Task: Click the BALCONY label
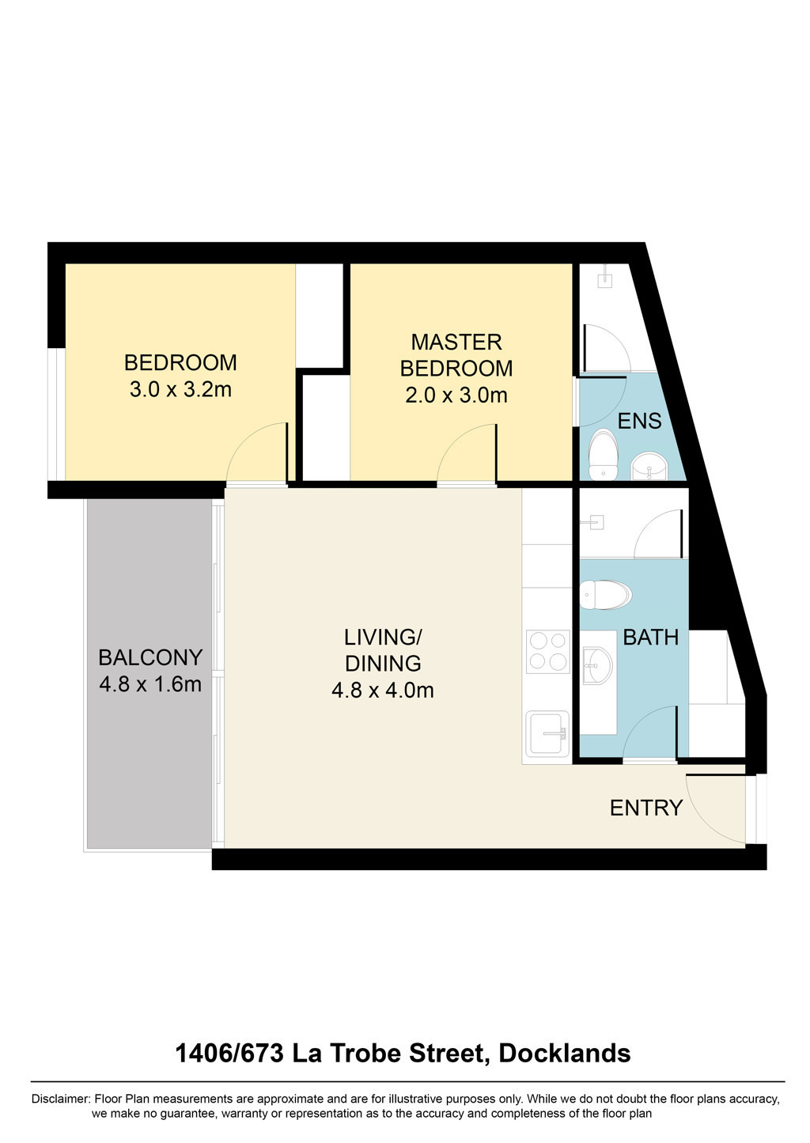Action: click(x=150, y=657)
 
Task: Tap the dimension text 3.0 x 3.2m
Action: click(x=180, y=390)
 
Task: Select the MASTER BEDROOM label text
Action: click(x=456, y=355)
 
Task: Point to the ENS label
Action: click(x=639, y=421)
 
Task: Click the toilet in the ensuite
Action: click(x=604, y=454)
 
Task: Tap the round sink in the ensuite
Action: click(x=649, y=466)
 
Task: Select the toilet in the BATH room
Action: click(x=606, y=595)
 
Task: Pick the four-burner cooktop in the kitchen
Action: click(x=548, y=652)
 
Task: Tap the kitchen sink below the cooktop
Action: click(x=547, y=734)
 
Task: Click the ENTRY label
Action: click(x=646, y=808)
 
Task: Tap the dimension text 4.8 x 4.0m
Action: click(x=383, y=691)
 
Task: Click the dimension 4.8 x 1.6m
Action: click(x=150, y=684)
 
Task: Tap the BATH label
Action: click(x=651, y=638)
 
